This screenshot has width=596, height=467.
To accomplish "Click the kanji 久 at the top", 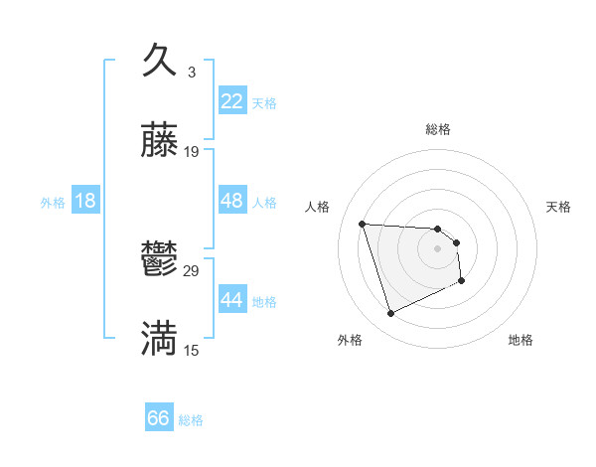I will pos(160,61).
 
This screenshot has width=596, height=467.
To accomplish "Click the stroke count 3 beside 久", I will pos(192,72).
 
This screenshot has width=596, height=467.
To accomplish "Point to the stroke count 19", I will pos(192,152).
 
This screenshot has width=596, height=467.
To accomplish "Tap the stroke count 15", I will pos(192,351).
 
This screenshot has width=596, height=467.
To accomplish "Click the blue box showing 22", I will pos(231,101).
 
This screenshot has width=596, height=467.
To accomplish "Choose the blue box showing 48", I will pos(231,201).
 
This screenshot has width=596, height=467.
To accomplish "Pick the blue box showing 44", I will pos(231,300).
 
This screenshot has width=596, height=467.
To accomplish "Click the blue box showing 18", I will pos(85,201).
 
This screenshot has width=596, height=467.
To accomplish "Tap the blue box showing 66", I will pos(159,419).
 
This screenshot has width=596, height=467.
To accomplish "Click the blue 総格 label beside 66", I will pos(191,420).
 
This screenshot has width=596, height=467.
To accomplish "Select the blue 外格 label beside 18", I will pos(53,202).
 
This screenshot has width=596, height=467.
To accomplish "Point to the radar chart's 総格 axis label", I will pos(438,129).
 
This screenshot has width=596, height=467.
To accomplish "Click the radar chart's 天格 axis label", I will pos(559,207).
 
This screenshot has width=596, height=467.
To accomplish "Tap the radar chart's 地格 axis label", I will pos(521,340).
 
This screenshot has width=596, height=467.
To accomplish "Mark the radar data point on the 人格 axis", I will pos(363,224).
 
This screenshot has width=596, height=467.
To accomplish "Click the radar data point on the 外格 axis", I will pos(390,314).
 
